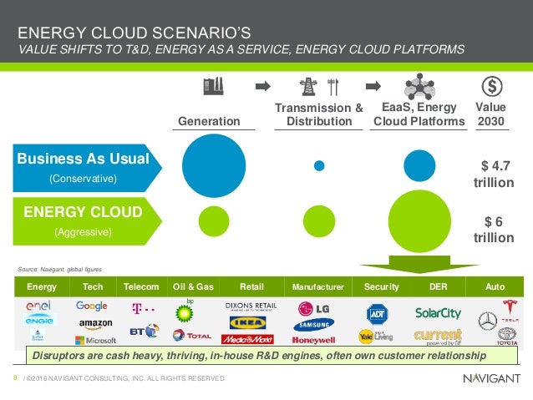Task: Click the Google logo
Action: (92, 306)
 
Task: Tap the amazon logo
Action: (96, 323)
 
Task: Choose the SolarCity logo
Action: (438, 313)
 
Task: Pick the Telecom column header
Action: (141, 286)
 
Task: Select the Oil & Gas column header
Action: (193, 286)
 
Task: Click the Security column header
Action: (382, 286)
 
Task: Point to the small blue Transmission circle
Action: (319, 165)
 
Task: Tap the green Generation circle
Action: (214, 221)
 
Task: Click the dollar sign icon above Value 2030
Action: (492, 86)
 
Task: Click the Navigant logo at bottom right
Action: (491, 378)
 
